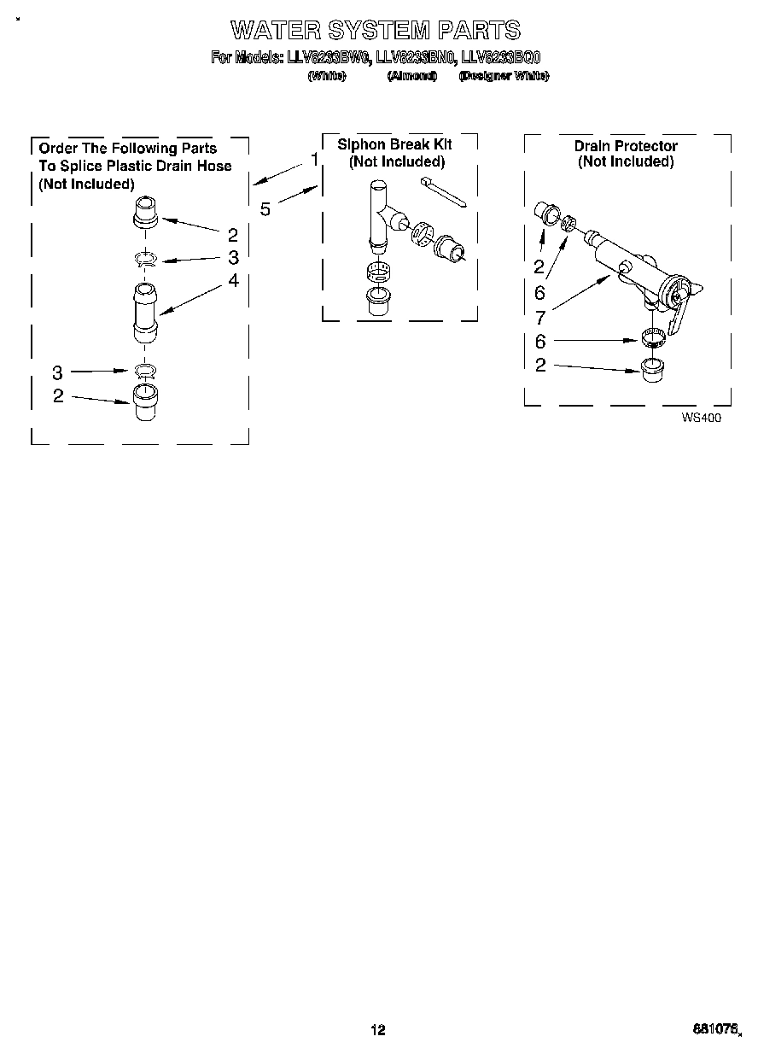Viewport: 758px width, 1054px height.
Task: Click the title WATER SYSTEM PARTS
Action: pos(375,31)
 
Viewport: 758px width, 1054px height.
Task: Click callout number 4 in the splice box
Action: pos(233,280)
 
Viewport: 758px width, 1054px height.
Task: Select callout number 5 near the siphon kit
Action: pos(265,208)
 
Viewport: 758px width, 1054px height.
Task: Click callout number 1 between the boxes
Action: pos(314,160)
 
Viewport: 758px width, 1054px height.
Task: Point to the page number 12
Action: pos(377,1029)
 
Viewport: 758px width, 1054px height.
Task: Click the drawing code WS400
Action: pos(695,418)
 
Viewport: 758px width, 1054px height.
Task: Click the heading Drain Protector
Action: pos(626,146)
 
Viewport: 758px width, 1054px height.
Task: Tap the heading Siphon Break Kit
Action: pos(394,144)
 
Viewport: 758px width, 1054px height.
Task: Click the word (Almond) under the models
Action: pos(411,76)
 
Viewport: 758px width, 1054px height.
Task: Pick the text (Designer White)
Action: pos(504,76)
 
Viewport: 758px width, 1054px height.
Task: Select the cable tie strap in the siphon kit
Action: pos(442,192)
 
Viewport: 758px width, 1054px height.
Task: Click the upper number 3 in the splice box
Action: pos(233,257)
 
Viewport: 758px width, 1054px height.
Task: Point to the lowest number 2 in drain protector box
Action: pos(539,366)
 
